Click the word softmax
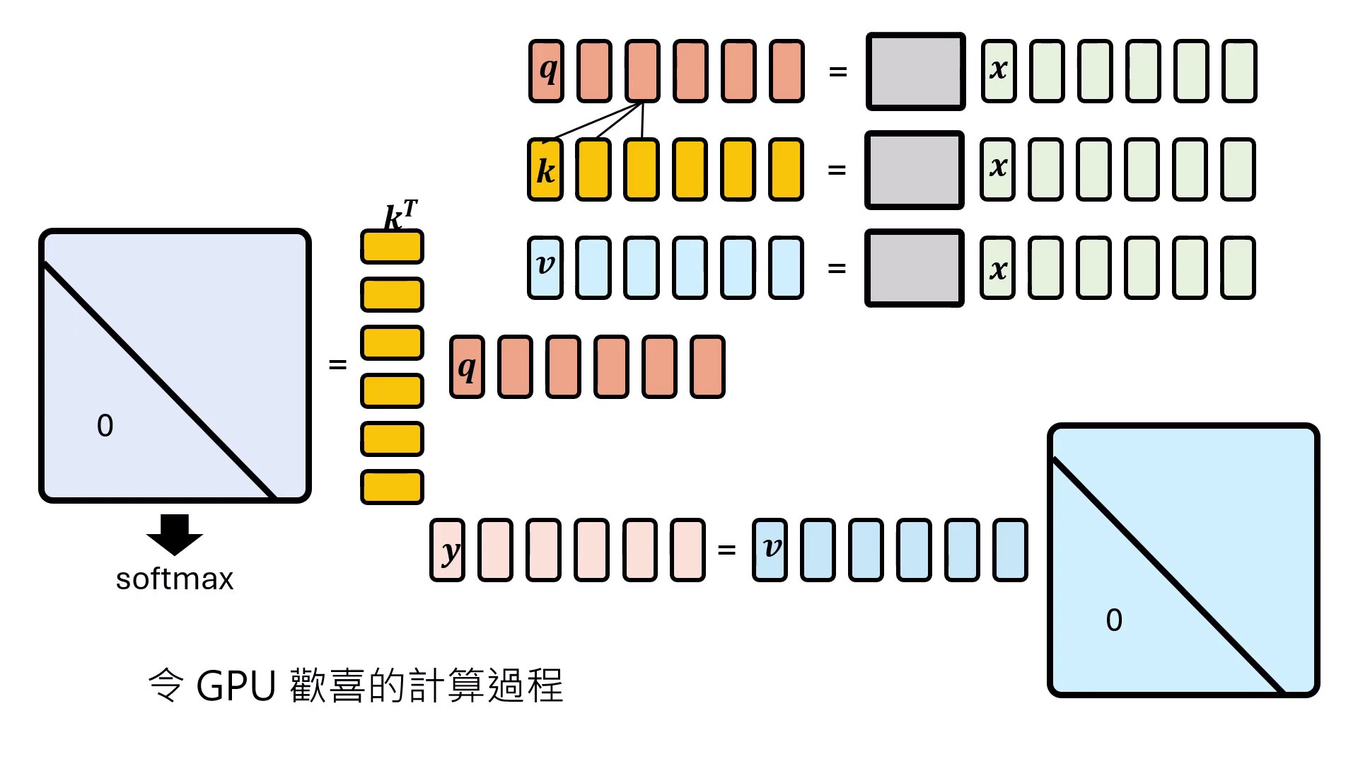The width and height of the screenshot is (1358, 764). pos(174,579)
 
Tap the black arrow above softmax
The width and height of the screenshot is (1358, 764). pos(175,533)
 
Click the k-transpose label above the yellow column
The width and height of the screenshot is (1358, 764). pos(400,215)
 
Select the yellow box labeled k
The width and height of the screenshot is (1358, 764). pos(545,170)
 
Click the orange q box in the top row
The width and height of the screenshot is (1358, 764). pos(547,71)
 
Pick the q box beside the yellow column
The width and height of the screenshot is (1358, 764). pos(467,367)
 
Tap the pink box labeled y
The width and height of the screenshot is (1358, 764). pos(447,550)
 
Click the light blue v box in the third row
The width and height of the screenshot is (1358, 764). pos(545,267)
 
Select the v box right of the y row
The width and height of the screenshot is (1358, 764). pos(770,550)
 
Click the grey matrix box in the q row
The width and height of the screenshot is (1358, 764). pos(915,71)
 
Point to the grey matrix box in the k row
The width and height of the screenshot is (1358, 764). pos(914,170)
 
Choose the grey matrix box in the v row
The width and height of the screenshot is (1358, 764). pos(914,268)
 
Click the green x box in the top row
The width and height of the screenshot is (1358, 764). pos(999,71)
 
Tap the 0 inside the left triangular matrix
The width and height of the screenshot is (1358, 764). pos(105,426)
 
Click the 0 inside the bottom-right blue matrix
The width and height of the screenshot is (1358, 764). pos(1114,620)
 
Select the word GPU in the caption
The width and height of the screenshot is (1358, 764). pos(236,685)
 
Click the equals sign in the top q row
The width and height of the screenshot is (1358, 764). pos(837,71)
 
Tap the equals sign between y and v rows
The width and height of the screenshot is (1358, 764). pos(726,550)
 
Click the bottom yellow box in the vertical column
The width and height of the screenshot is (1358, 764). pos(392,487)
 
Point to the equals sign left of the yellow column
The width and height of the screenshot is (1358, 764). pos(337,364)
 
